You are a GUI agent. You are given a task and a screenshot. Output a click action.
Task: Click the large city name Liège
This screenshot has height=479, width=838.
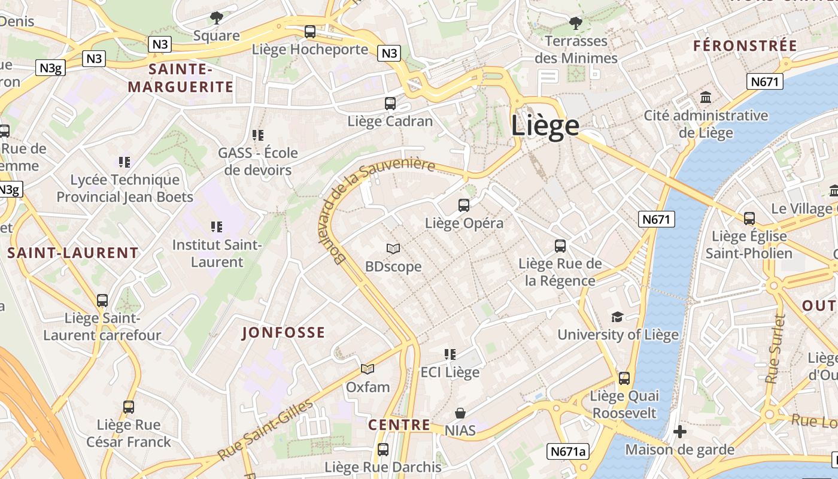coord(545,126)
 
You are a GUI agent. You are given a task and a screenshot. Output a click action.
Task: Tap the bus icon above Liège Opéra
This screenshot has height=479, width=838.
coord(464,205)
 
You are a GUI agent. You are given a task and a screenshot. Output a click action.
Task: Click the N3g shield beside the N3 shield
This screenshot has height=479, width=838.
coord(51,68)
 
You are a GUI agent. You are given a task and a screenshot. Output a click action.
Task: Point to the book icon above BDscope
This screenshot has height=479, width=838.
coord(393,248)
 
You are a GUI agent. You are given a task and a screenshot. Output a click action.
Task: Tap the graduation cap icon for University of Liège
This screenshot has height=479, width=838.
coord(617,317)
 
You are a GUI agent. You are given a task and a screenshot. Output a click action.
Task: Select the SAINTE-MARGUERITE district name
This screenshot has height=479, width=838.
coord(180,78)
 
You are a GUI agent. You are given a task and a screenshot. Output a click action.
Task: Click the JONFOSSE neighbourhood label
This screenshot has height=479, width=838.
coord(284,333)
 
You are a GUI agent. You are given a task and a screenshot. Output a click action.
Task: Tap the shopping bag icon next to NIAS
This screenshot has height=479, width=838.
coord(460,413)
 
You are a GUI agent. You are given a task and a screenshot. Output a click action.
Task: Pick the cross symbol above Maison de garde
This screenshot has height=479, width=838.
coord(679,432)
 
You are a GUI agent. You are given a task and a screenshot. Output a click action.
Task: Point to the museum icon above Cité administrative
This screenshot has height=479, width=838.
coord(706,98)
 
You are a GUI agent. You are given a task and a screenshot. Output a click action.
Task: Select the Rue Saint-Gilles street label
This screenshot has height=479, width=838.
coord(265,430)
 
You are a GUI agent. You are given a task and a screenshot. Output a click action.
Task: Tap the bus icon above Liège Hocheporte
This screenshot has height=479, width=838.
coord(309,32)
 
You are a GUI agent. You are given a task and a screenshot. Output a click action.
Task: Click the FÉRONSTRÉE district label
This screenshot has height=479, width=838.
coord(745,46)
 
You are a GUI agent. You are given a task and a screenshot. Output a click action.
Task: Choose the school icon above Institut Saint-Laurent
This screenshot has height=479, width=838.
coord(217,227)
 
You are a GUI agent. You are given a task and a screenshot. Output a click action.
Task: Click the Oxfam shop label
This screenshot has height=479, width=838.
coord(368,387)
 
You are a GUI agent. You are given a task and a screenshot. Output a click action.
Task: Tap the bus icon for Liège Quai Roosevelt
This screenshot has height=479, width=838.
coord(624,378)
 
